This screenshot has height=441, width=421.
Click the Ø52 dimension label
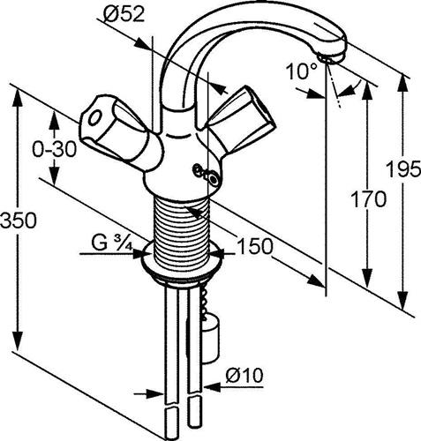(x=124, y=15)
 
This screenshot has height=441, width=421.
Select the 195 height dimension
(x=403, y=169)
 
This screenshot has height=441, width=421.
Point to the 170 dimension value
(x=369, y=199)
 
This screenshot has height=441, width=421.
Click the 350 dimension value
(x=19, y=220)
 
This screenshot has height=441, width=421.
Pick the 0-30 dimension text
(x=54, y=149)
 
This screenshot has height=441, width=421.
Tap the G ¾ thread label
(x=111, y=243)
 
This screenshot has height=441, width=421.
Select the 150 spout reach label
(x=255, y=246)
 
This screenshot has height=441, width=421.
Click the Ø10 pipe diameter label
(x=244, y=376)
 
